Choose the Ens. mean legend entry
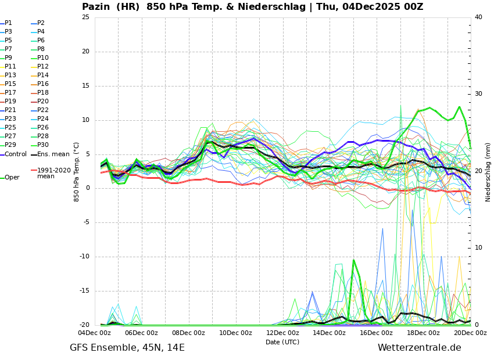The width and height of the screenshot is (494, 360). tap(53, 154)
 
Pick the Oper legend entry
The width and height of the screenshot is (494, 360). tap(12, 178)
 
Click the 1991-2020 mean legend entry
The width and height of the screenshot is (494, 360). tap(53, 173)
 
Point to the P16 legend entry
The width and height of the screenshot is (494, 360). tap(43, 84)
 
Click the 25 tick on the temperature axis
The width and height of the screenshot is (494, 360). tap(85, 17)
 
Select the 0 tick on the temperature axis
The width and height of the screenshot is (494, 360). tap(87, 189)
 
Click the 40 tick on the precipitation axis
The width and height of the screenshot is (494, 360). tap(478, 17)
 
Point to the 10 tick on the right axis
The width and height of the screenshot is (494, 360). tap(478, 248)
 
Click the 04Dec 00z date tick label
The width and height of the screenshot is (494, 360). tap(94, 333)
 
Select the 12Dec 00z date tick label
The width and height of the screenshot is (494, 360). tap(282, 333)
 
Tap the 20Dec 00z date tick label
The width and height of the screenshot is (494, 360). tap(470, 333)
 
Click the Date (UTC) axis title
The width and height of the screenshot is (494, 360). tap(282, 343)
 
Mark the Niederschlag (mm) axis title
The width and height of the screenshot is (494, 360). tap(488, 172)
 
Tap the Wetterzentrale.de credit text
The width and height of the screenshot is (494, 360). tap(419, 348)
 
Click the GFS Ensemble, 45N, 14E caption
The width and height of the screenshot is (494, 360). tap(127, 348)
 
